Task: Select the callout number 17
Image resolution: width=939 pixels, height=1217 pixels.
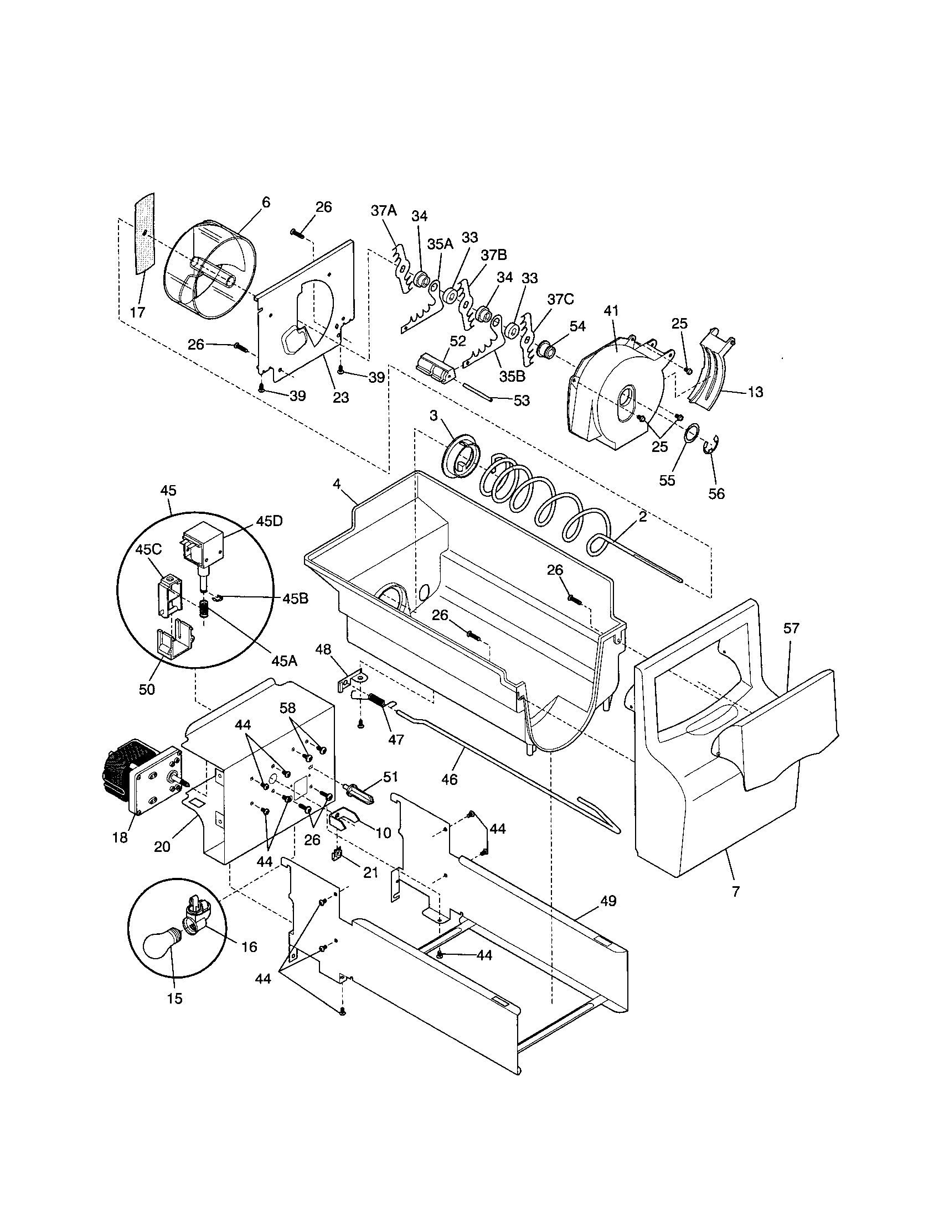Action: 137,313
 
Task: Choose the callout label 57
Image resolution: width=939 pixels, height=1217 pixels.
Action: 791,628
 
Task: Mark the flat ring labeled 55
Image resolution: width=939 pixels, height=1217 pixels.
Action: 692,433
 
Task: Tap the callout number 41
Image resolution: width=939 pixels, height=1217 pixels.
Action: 611,311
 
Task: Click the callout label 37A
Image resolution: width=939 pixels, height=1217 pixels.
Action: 384,211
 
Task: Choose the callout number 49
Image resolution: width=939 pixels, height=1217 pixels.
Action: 608,901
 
